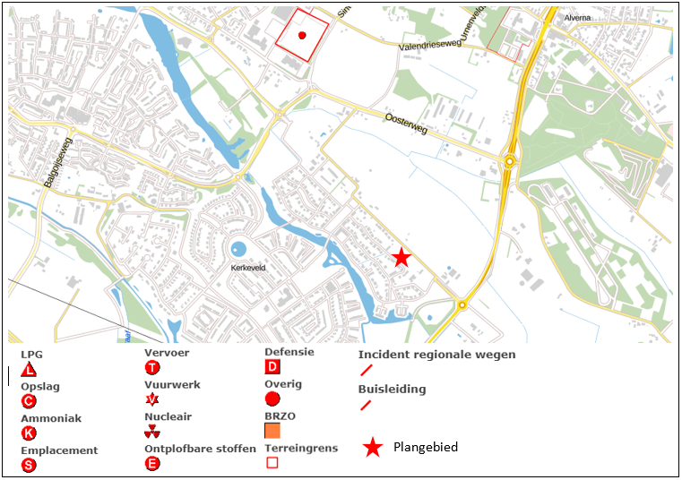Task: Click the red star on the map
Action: point(401,258)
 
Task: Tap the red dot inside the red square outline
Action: point(302,36)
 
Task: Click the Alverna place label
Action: point(578,18)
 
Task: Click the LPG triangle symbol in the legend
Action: point(29,369)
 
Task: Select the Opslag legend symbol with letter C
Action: point(29,401)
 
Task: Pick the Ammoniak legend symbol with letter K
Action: point(29,433)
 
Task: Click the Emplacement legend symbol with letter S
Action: point(29,465)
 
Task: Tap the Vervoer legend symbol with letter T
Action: point(152,368)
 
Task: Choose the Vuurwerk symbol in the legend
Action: point(152,399)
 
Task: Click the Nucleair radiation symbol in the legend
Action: point(152,432)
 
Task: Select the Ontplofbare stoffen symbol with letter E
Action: point(152,463)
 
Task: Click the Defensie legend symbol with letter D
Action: point(272,367)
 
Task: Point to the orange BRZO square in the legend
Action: point(272,431)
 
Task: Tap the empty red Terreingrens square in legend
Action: point(272,463)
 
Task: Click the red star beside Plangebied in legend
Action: point(372,447)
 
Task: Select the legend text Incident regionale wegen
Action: point(436,355)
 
